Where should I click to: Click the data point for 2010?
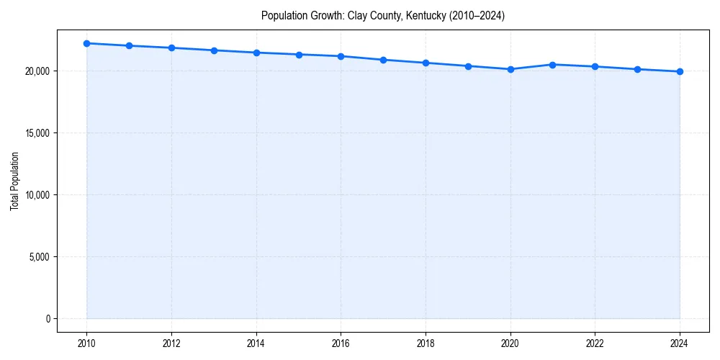[x=86, y=43]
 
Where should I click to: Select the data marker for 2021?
[x=552, y=65]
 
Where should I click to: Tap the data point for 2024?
[x=680, y=71]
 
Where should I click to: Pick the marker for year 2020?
[x=510, y=69]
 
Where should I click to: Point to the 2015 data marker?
[x=299, y=55]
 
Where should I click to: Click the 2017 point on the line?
[x=383, y=60]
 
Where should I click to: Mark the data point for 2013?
[x=214, y=50]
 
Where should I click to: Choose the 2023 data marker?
[x=637, y=69]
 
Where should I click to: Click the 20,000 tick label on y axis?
[x=37, y=71]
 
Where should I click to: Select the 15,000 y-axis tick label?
[x=37, y=133]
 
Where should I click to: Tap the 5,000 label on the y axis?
[x=39, y=257]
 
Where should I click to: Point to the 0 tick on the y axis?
[x=48, y=319]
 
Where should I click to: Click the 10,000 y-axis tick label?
[x=37, y=195]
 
